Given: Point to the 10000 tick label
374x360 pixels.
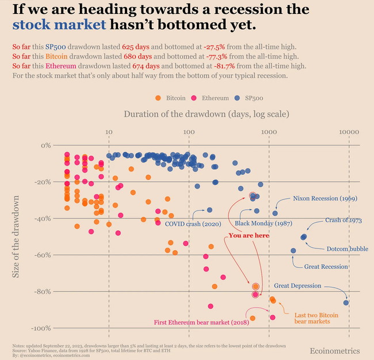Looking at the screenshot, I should (x=349, y=133).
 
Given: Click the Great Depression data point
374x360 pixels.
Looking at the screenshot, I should (x=346, y=302).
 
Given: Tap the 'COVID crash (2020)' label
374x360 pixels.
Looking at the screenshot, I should (x=189, y=224).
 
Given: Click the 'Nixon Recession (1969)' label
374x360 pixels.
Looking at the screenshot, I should (x=325, y=198).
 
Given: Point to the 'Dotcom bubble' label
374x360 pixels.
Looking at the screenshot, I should (x=347, y=249).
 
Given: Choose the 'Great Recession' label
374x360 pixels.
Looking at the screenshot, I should (x=326, y=266).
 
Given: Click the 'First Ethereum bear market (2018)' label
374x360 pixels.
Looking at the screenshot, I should (x=200, y=322).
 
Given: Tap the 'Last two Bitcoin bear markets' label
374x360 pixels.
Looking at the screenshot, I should (x=316, y=319).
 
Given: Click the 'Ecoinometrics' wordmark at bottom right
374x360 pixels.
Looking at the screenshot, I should (x=334, y=350).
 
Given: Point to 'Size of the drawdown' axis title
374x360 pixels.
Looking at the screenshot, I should (x=17, y=236).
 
